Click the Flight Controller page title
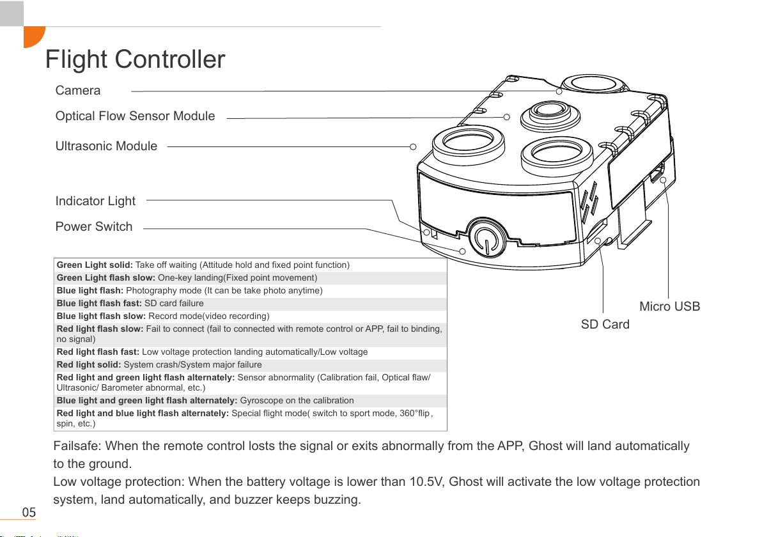pos(136,60)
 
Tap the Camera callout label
pos(78,91)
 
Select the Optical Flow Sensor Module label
pos(135,116)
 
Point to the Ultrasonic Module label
pos(106,146)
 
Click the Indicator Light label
pos(95,201)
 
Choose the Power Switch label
pos(94,227)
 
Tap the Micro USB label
pos(669,307)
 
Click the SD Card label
pos(605,325)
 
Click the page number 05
pos(29,513)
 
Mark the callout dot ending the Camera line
pos(559,91)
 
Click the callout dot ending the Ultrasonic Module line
pos(413,146)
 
